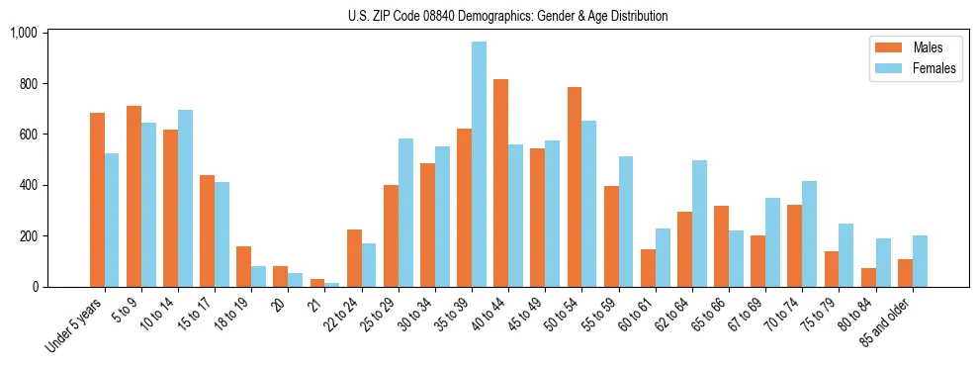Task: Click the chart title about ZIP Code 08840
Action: coord(507,16)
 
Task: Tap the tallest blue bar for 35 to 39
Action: coord(479,164)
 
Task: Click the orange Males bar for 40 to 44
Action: coord(500,183)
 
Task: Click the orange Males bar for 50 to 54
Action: coord(575,187)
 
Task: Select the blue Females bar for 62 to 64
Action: coord(699,224)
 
